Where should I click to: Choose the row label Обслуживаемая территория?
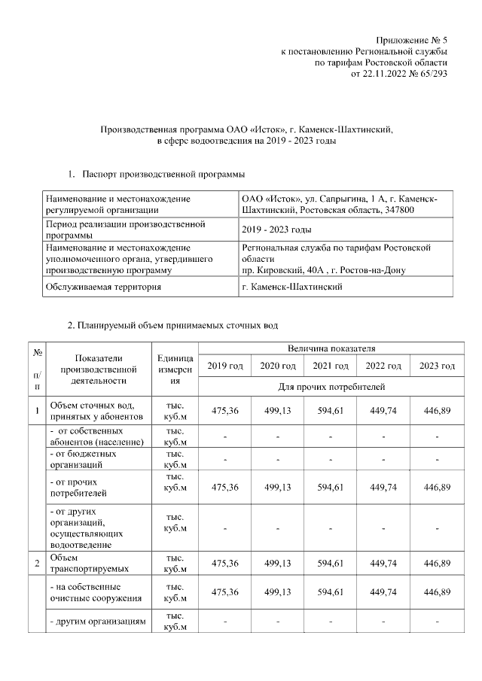104,287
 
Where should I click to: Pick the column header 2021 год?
331,366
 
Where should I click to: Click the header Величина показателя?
331,348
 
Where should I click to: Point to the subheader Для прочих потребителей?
331,387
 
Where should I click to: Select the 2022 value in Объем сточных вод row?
383,411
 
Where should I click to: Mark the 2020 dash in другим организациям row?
277,622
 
